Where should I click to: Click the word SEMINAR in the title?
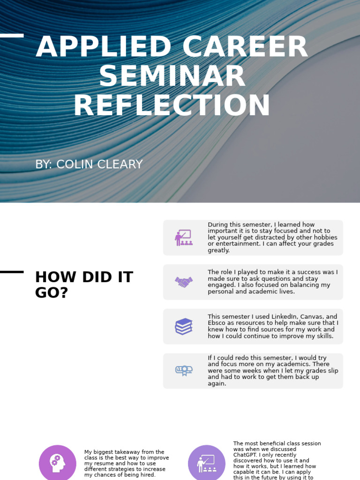click(x=172, y=76)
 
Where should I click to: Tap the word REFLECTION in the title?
click(x=172, y=106)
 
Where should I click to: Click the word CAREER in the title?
click(x=245, y=47)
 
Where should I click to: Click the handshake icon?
click(x=184, y=282)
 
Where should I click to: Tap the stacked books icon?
click(x=184, y=326)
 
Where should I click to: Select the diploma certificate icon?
click(x=184, y=371)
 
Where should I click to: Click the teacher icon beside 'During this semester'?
click(x=184, y=238)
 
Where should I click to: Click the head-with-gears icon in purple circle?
click(x=57, y=463)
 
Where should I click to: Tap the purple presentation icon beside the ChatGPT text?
click(x=206, y=463)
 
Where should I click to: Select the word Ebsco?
click(x=217, y=323)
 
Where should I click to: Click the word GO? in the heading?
click(x=52, y=292)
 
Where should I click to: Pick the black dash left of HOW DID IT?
click(x=12, y=272)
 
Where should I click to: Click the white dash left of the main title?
click(x=12, y=36)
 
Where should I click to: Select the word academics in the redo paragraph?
click(x=277, y=364)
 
